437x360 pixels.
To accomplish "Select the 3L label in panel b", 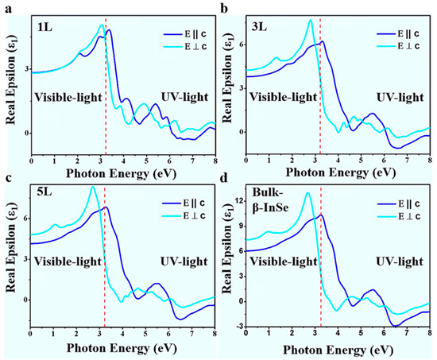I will (261, 26).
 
